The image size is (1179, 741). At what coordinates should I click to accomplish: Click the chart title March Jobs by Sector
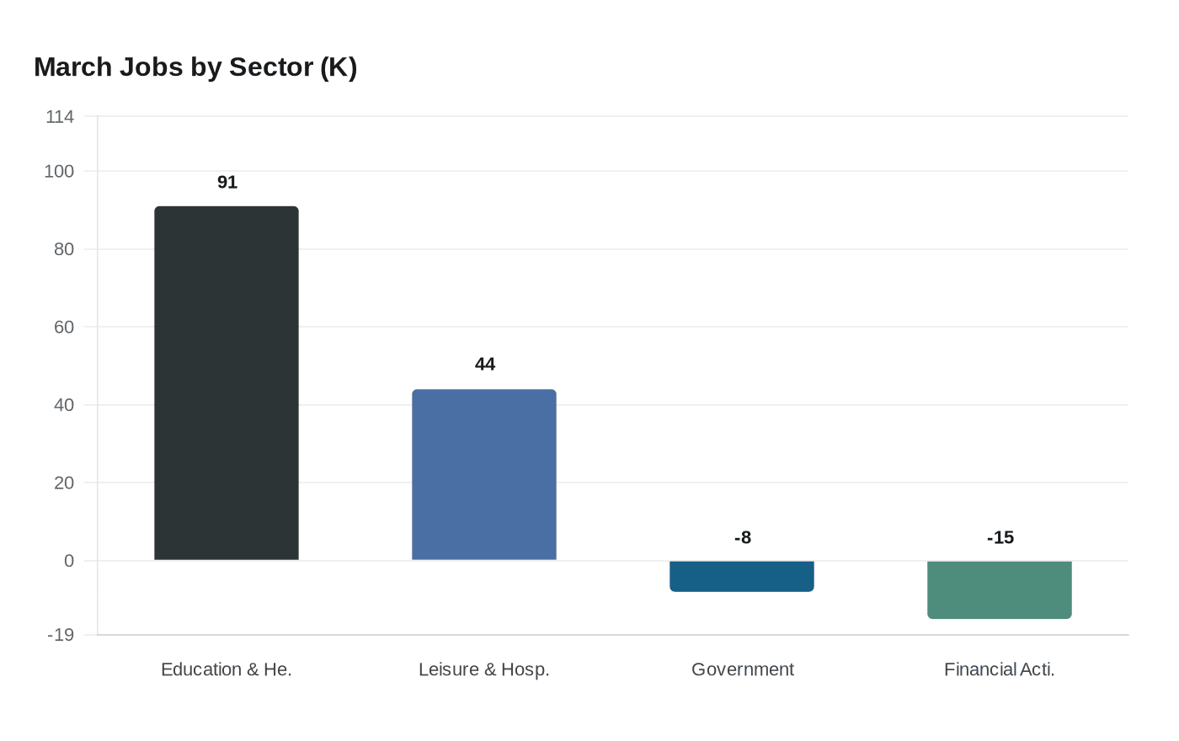pyautogui.click(x=195, y=67)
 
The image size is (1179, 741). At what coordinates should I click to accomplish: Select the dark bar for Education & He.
pyautogui.click(x=227, y=383)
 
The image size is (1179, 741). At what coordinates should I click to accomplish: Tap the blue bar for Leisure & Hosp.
pyautogui.click(x=484, y=475)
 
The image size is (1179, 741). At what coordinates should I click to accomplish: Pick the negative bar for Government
pyautogui.click(x=742, y=576)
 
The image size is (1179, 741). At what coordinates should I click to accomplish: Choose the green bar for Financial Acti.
pyautogui.click(x=1000, y=589)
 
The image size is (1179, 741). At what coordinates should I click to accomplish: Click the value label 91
pyautogui.click(x=227, y=183)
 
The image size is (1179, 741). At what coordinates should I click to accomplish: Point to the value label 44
pyautogui.click(x=485, y=365)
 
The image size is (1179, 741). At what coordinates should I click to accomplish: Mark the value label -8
pyautogui.click(x=742, y=538)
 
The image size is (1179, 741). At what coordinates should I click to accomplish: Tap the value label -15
pyautogui.click(x=1000, y=538)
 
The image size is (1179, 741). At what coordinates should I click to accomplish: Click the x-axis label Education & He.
pyautogui.click(x=227, y=669)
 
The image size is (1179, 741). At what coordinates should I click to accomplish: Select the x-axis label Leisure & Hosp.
pyautogui.click(x=484, y=669)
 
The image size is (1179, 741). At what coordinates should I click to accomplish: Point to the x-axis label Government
pyautogui.click(x=742, y=669)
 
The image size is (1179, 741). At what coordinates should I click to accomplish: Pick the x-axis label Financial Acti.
pyautogui.click(x=1000, y=669)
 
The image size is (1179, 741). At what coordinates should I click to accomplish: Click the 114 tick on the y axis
pyautogui.click(x=60, y=117)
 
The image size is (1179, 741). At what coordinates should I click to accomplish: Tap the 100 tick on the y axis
pyautogui.click(x=59, y=172)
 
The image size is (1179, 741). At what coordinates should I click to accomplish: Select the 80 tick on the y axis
pyautogui.click(x=64, y=249)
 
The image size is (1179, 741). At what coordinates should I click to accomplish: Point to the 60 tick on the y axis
pyautogui.click(x=64, y=328)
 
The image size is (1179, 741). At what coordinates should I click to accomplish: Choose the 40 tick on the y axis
pyautogui.click(x=64, y=405)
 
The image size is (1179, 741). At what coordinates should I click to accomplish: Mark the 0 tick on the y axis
pyautogui.click(x=69, y=561)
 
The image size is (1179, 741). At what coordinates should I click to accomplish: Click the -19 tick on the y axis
pyautogui.click(x=61, y=635)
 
